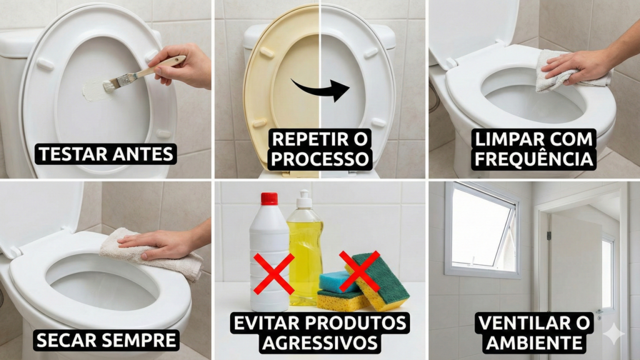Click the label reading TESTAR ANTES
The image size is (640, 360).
(106, 154)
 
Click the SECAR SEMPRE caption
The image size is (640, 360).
(107, 341)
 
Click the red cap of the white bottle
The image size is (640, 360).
(269, 199)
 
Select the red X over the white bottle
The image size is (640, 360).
(273, 274)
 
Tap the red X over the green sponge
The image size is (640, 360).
(359, 271)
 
